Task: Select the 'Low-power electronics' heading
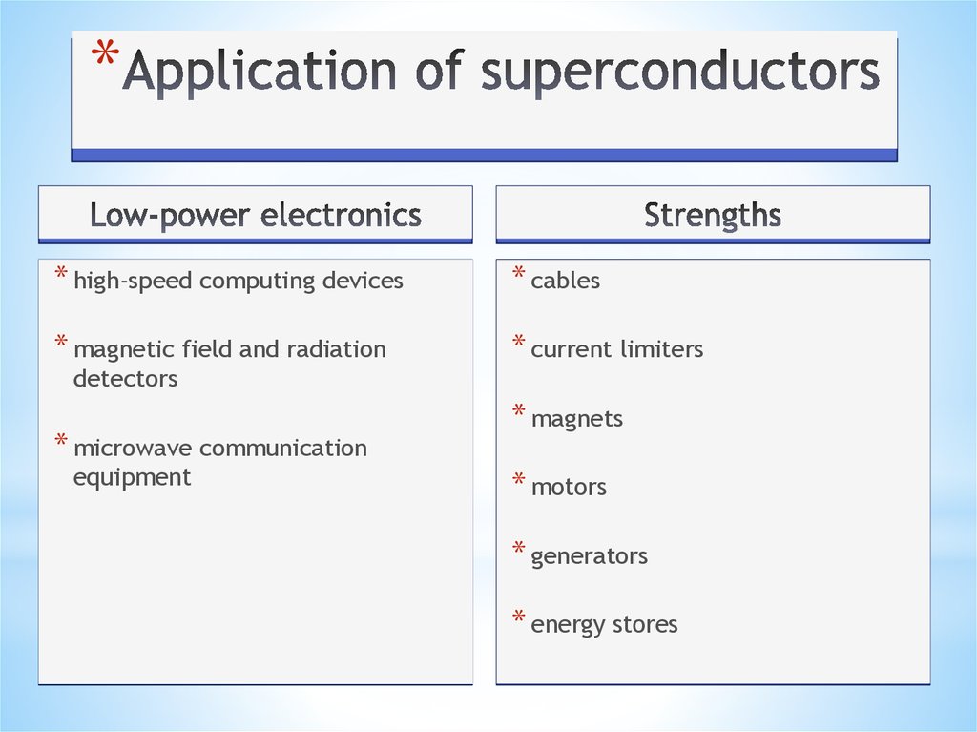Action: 256,215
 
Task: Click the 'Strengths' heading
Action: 713,215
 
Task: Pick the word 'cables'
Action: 566,281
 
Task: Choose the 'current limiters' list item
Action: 616,349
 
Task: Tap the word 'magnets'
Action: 576,418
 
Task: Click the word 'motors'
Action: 569,487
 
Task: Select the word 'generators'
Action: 589,555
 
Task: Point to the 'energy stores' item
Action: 604,624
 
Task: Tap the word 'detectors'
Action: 125,378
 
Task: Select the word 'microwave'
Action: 134,448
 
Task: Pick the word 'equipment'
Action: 132,477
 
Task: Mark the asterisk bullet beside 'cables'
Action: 519,276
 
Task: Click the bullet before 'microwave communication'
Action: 61,443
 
